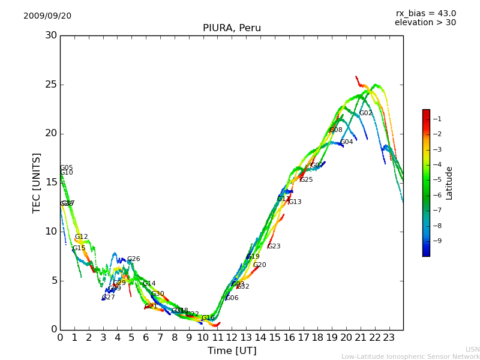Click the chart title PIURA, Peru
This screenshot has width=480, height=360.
[x=232, y=28]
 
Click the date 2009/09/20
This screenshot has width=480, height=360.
[x=47, y=16]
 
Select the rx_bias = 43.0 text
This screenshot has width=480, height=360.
[x=425, y=13]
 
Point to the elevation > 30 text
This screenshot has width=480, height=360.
[x=425, y=23]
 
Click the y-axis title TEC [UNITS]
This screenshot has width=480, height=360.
[x=37, y=182]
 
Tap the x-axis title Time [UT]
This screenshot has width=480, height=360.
[x=232, y=351]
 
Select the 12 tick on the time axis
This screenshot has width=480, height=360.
[x=232, y=337]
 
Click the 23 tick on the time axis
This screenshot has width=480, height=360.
[x=389, y=337]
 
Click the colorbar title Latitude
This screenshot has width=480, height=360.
[x=449, y=183]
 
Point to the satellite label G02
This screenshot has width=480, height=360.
[x=365, y=113]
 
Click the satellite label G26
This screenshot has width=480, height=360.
[x=133, y=259]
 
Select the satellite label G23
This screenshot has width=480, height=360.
[x=274, y=247]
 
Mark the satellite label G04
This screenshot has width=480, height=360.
[x=347, y=142]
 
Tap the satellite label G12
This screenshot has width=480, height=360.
[x=81, y=237]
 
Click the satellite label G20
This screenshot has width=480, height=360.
[x=259, y=265]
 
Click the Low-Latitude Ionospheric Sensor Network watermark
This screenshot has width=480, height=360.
[x=410, y=357]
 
